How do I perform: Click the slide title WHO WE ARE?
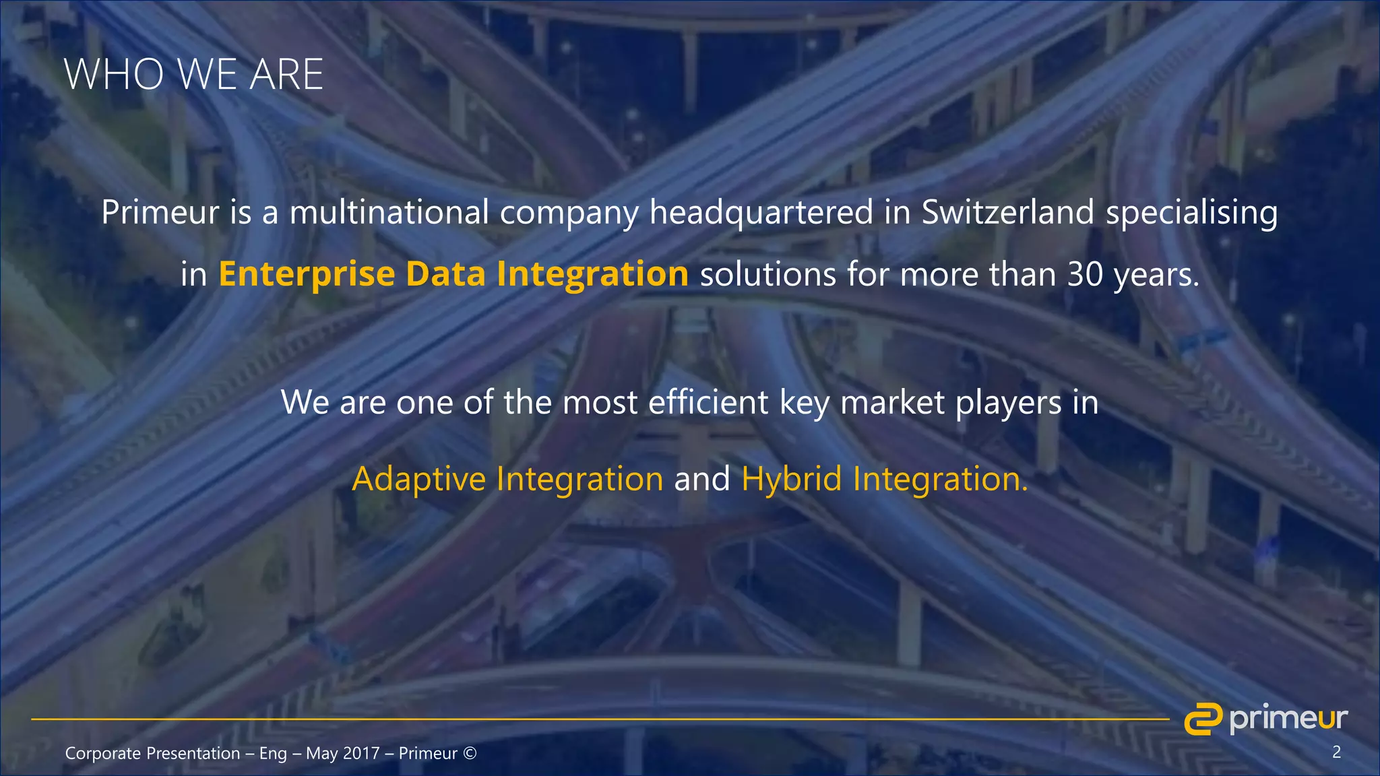[193, 74]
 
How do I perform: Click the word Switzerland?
[1008, 212]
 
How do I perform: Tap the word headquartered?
[761, 213]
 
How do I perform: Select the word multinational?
[389, 212]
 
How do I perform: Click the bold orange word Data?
[445, 274]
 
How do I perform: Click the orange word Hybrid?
[791, 479]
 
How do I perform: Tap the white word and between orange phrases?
[702, 479]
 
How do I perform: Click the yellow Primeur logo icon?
[1203, 718]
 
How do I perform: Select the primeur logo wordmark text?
[1288, 719]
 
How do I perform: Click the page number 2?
[1336, 752]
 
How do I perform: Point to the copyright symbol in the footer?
[470, 753]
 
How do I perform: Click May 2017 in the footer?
[342, 753]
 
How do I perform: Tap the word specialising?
[1191, 213]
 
